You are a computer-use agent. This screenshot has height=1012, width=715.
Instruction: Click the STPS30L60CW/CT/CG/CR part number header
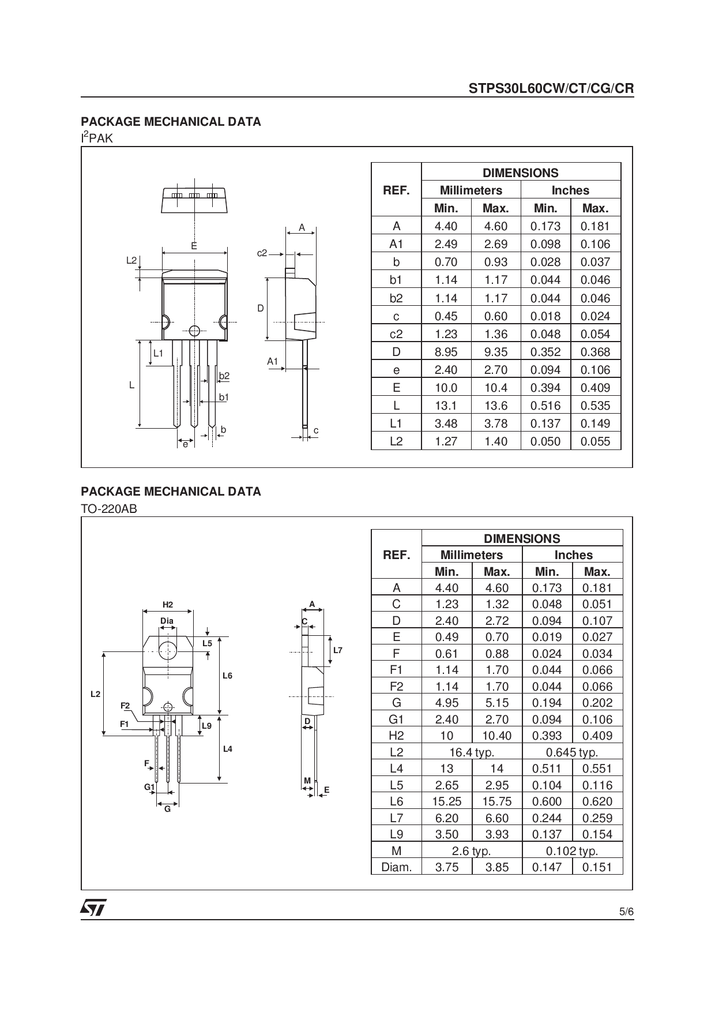(x=551, y=88)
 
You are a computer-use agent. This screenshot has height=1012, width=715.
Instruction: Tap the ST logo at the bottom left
(x=93, y=908)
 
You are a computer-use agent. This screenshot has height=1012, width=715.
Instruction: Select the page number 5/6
(x=626, y=912)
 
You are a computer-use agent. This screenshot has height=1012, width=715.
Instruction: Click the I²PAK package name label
(x=97, y=138)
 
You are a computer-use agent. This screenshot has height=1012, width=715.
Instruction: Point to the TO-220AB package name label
(x=109, y=509)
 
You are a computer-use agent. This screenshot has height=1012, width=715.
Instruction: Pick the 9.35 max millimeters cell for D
(x=495, y=352)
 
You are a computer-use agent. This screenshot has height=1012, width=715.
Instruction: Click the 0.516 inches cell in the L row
(x=545, y=406)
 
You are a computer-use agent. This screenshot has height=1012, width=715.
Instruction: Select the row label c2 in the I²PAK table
(x=396, y=334)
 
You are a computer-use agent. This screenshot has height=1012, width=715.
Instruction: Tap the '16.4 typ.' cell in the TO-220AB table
(x=472, y=752)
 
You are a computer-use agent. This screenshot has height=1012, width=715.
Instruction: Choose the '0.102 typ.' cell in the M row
(x=571, y=851)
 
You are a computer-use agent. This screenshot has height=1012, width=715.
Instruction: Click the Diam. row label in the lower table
(x=396, y=867)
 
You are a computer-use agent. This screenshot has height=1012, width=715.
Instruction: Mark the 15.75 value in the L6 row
(x=496, y=801)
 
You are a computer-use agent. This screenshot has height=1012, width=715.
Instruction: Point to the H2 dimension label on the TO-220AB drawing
(x=168, y=605)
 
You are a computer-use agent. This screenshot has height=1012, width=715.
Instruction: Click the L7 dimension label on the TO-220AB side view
(x=338, y=650)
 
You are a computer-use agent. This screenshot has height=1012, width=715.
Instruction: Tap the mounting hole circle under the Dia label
(x=168, y=650)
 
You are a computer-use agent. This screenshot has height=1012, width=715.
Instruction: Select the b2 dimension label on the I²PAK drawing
(x=224, y=376)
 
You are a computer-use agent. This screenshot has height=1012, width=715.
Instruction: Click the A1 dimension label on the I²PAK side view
(x=273, y=361)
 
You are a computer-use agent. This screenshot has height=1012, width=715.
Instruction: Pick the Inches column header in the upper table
(x=570, y=190)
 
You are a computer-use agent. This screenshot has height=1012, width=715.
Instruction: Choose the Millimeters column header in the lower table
(x=471, y=555)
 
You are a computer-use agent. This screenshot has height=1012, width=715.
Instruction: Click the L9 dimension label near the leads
(x=207, y=726)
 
